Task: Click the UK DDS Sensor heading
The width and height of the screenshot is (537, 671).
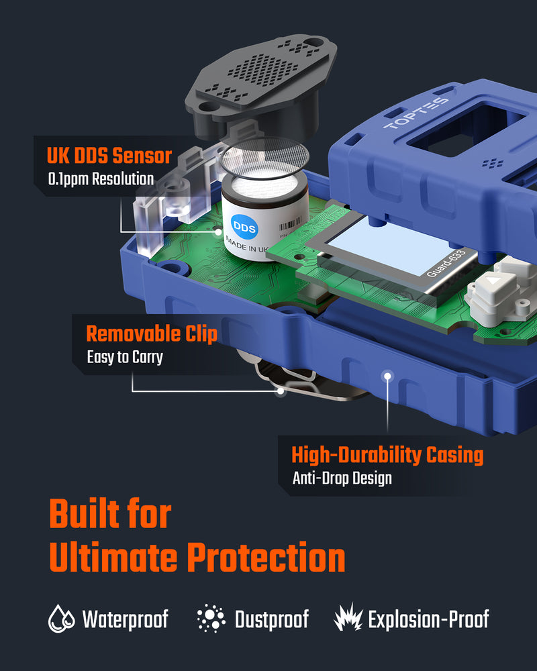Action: pos(109,156)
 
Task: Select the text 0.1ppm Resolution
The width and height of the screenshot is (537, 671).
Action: pos(101,179)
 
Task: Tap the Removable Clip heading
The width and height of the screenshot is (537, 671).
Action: pos(152,333)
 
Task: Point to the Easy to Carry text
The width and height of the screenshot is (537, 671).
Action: pos(125,357)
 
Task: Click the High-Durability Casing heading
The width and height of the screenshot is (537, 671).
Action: pos(387,455)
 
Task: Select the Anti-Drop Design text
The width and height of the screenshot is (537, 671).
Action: pos(342,478)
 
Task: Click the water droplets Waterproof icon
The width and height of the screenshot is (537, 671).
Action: pos(61,619)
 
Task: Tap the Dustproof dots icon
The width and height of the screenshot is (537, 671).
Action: pos(211,619)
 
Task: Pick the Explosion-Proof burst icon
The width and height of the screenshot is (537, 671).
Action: pos(348,619)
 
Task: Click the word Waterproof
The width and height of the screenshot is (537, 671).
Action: pos(125,619)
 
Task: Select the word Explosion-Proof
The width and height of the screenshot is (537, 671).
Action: pos(428,619)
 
